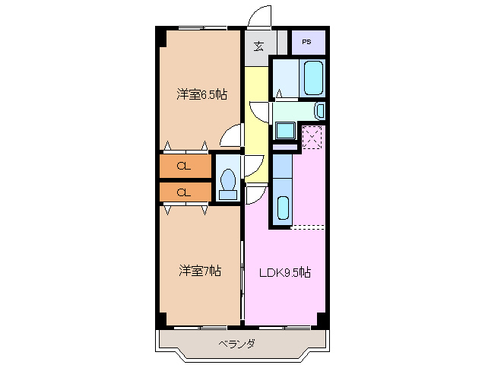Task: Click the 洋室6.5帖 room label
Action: click(202, 94)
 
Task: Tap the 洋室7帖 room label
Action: click(201, 271)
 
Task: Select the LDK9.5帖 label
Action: click(285, 272)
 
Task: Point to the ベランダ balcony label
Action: click(237, 344)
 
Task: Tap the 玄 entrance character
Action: click(258, 46)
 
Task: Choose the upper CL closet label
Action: click(183, 166)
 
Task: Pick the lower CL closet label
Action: click(183, 192)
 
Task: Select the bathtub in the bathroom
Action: click(313, 77)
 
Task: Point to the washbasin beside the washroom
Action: click(319, 111)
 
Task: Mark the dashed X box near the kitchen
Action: click(312, 138)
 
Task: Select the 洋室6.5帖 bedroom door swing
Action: click(229, 136)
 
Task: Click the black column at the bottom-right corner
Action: click(322, 319)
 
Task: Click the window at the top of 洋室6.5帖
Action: click(201, 29)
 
